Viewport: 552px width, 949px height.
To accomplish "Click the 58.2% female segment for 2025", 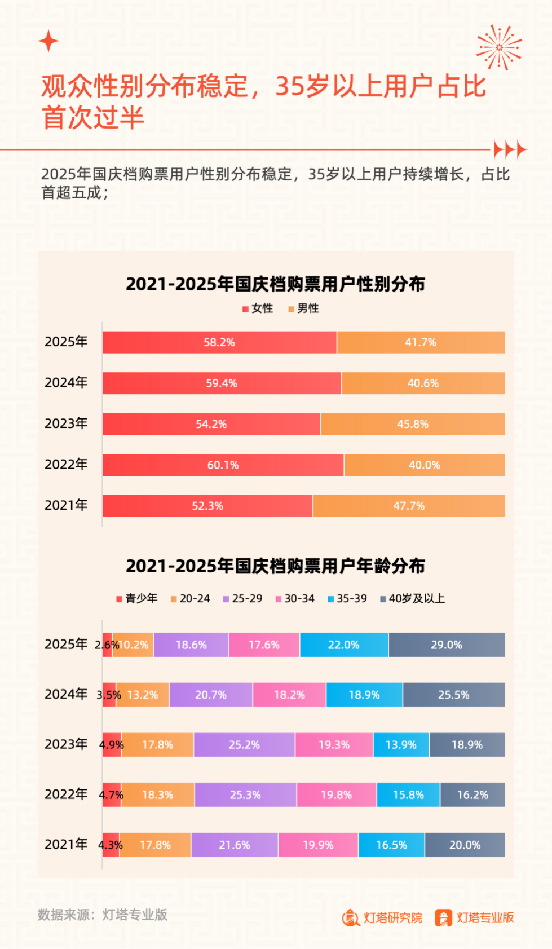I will [x=219, y=342].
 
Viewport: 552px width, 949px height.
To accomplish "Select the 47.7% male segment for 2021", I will [x=409, y=506].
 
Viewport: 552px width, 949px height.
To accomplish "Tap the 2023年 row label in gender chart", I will [x=66, y=423].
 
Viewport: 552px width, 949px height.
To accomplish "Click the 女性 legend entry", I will [x=258, y=308].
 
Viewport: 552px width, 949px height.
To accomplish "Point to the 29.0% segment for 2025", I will [x=447, y=645].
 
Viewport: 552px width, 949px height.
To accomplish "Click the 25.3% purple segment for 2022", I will [x=245, y=794].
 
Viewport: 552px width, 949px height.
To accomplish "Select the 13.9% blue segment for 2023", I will [x=401, y=745].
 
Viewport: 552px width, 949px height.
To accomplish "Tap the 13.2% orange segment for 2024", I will [x=142, y=695].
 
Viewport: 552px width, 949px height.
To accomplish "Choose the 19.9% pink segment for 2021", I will [x=318, y=845].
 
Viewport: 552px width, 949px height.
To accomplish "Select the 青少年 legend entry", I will [x=136, y=598].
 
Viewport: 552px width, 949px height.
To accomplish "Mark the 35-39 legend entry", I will [x=347, y=598].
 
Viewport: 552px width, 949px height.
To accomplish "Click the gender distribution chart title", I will [x=275, y=284].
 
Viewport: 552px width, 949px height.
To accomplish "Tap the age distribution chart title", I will [x=275, y=566].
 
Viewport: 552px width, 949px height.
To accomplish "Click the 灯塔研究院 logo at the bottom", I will [x=382, y=917].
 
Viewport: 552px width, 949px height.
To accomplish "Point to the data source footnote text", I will [x=103, y=914].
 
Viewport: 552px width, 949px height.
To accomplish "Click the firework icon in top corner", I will [x=498, y=47].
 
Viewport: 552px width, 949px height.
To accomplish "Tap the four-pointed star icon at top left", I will [x=48, y=41].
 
